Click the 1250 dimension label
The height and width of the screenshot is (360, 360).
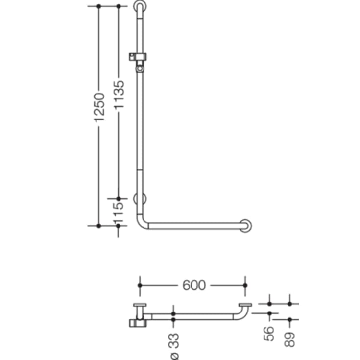pos(99,107)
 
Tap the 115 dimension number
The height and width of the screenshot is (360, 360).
pos(119,212)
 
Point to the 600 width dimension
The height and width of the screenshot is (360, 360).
pos(194,285)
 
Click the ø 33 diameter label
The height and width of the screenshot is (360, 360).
pos(174,346)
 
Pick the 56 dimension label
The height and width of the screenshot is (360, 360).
pos(268,334)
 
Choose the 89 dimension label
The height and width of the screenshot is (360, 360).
pos(289,337)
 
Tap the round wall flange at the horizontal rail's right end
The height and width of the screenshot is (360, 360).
pos(246,226)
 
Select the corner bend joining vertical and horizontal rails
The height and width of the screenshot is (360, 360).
pos(142,223)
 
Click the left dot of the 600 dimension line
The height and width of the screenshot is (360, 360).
pos(140,285)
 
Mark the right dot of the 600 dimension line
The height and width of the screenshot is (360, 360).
pos(245,285)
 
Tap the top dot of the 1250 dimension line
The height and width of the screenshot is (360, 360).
pos(99,6)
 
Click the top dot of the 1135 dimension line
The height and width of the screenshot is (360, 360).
pos(119,6)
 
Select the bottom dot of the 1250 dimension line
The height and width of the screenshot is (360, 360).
pos(99,226)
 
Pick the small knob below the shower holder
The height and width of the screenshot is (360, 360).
pos(141,69)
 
